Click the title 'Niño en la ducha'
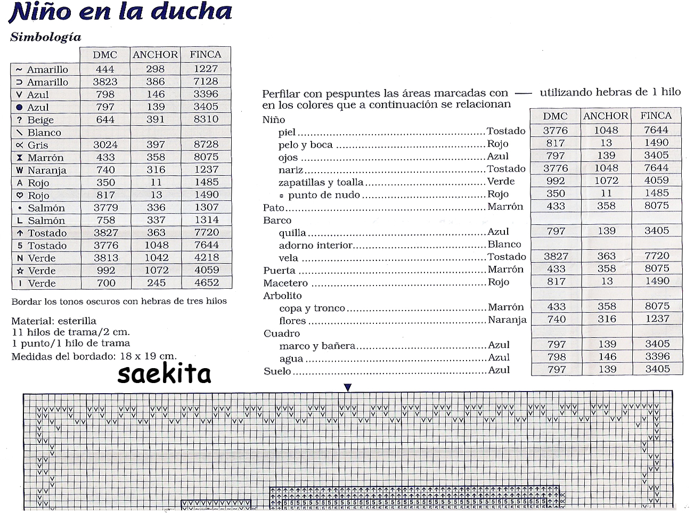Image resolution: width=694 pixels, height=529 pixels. click(120, 12)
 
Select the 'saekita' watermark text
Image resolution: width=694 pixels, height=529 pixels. click(164, 374)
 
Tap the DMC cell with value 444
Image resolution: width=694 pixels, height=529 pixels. click(105, 69)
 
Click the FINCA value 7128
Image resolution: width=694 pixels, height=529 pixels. click(206, 82)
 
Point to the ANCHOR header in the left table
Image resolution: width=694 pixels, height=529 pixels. click(155, 54)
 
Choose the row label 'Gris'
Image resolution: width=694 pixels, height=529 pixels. click(38, 145)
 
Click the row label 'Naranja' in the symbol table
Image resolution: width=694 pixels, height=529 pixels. click(47, 170)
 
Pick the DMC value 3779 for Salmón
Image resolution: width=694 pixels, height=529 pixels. click(105, 208)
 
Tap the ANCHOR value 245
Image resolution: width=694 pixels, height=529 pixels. click(156, 283)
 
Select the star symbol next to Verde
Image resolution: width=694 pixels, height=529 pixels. click(20, 271)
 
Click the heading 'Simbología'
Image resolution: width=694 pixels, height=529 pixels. click(46, 37)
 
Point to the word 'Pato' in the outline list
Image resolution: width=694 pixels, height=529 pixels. click(274, 207)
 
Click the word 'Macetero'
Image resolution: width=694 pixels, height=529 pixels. click(285, 283)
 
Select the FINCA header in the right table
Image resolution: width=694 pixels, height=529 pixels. click(656, 116)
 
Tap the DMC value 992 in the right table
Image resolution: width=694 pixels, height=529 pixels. click(556, 181)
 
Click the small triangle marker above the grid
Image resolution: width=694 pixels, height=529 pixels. click(348, 387)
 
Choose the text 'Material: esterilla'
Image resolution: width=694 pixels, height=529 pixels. click(54, 321)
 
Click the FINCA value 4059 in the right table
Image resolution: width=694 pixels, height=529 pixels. click(656, 181)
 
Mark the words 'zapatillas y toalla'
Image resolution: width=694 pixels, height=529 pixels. click(321, 182)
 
